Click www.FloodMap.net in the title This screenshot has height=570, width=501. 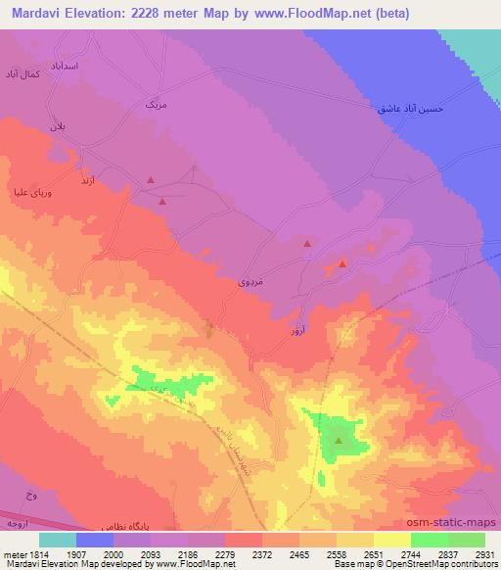pos(303,13)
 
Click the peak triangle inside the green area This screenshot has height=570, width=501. pos(339,440)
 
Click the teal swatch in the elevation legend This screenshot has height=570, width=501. pos(57,539)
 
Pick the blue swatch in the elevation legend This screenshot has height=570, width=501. pos(94,539)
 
